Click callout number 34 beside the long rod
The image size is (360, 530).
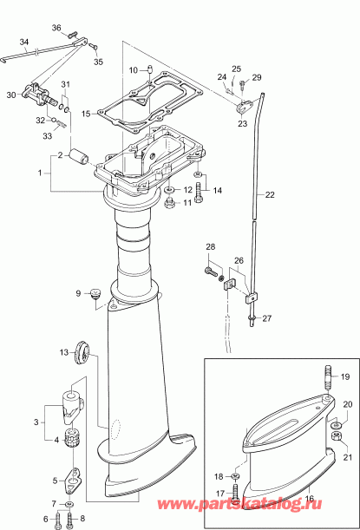tap(23, 43)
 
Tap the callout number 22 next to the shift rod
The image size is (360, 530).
tap(269, 195)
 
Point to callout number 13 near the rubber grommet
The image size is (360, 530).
tap(63, 352)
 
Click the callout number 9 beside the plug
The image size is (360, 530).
tap(78, 293)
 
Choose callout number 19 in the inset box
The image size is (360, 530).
tap(344, 376)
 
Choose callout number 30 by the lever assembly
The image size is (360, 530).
tap(11, 95)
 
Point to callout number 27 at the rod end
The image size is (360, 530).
tap(267, 318)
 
